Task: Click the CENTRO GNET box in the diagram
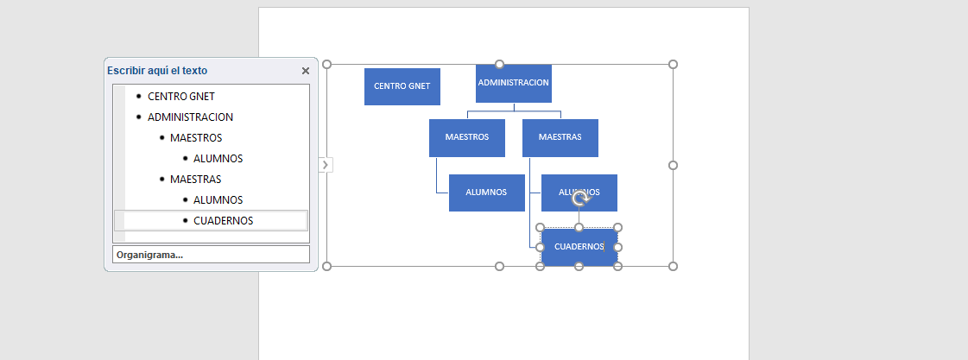point(402,86)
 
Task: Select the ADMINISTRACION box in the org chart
point(513,83)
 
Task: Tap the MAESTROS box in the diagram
point(466,137)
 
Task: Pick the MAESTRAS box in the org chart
point(560,137)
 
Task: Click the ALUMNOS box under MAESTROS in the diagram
point(486,193)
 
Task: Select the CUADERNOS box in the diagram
point(579,247)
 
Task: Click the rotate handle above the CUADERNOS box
point(581,199)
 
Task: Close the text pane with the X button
point(306,71)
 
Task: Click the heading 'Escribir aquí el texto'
point(157,71)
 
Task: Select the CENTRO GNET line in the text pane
point(181,97)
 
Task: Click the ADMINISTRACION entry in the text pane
point(190,117)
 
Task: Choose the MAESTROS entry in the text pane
point(196,138)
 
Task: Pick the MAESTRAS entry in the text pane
point(195,180)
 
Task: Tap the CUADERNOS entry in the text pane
point(223,221)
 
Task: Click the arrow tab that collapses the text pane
point(325,164)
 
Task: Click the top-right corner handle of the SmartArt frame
point(673,64)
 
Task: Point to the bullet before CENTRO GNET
point(138,97)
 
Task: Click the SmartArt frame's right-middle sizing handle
point(673,165)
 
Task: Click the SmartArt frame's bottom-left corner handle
point(326,266)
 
